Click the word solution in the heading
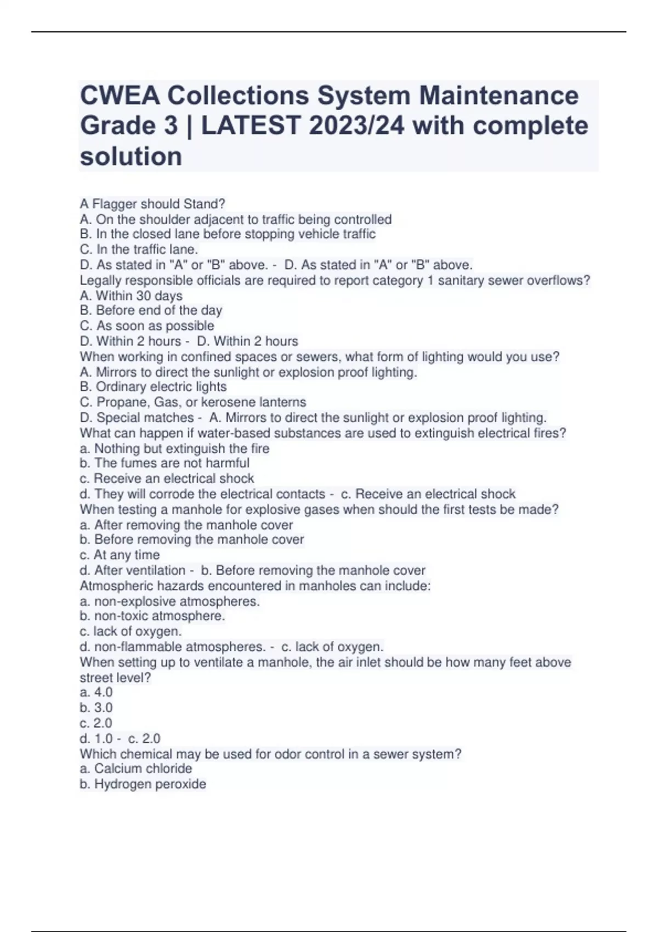point(131,157)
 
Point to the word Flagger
point(115,204)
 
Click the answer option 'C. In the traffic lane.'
point(139,249)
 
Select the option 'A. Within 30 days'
point(131,296)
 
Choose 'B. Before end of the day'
point(151,310)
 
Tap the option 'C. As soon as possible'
point(147,326)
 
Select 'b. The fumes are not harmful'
point(164,463)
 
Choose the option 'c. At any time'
point(120,555)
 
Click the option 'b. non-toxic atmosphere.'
point(152,616)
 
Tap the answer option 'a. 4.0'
point(96,692)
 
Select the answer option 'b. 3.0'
point(96,708)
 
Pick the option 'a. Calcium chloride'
point(136,769)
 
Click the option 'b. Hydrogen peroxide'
point(143,784)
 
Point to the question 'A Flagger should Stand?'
point(152,204)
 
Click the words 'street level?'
point(115,678)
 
